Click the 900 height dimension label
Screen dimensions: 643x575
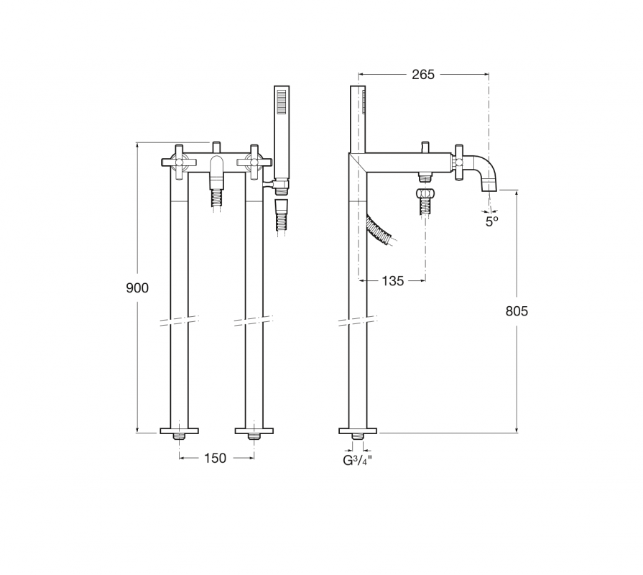pos(137,288)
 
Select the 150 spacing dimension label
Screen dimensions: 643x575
pos(215,458)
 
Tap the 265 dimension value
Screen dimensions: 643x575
pos(422,74)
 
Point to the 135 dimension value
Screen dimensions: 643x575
pos(392,281)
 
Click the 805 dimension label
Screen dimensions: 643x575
pos(517,311)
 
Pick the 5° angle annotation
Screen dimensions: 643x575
pos(491,221)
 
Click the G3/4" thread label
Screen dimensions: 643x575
pos(358,460)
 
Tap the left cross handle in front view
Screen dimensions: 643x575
pos(179,162)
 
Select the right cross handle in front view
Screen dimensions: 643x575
pos(254,162)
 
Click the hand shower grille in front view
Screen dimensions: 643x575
pos(282,101)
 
